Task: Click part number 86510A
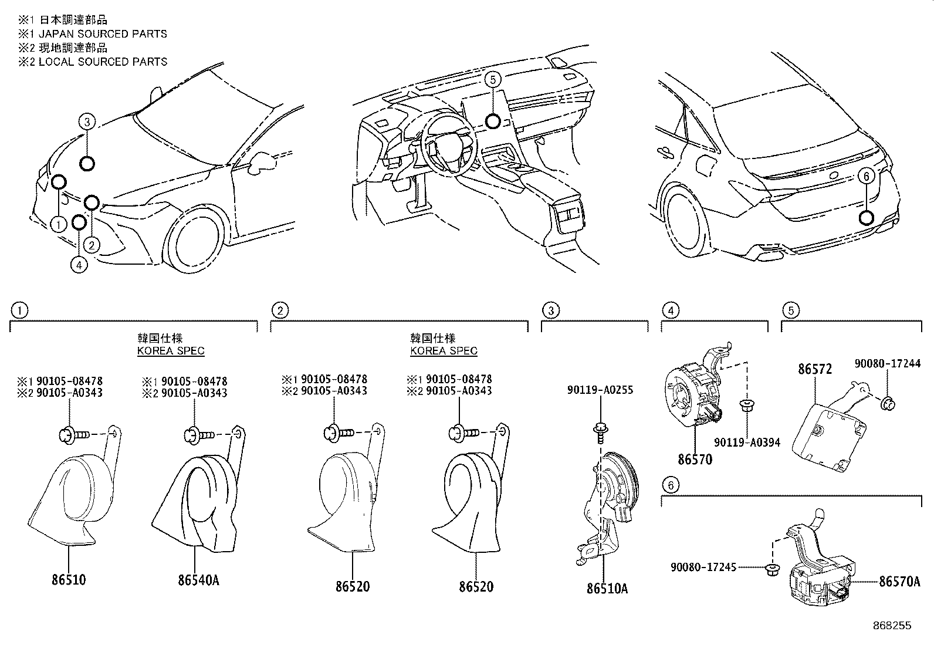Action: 607,587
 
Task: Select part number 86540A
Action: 199,580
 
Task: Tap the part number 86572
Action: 814,370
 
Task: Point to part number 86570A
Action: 899,582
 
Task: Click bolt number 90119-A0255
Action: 600,390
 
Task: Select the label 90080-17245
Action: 703,568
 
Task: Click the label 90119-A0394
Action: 747,443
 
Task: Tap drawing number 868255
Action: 891,626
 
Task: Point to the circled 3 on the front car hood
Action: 86,122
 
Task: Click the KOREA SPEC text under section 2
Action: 444,351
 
